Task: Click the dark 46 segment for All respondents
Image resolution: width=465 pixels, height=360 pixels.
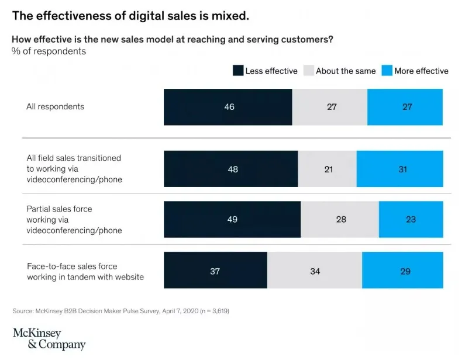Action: (228, 107)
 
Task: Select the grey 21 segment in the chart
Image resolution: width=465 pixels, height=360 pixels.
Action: (327, 169)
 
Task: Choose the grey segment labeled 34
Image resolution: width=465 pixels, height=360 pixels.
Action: (315, 271)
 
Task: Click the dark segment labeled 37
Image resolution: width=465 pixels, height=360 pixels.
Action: (215, 271)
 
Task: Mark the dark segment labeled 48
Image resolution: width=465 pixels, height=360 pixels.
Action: (230, 169)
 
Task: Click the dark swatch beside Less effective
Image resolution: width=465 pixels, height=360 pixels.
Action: (237, 71)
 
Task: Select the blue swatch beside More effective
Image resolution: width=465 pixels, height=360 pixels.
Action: (386, 71)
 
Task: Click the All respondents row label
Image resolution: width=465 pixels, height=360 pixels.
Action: (56, 106)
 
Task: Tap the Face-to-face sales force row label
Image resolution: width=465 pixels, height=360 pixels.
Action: (85, 271)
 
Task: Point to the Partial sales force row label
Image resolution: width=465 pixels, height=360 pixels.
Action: (74, 220)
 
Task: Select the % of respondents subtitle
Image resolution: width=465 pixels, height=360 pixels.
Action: (49, 51)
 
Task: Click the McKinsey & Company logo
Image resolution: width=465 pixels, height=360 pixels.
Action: (49, 338)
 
